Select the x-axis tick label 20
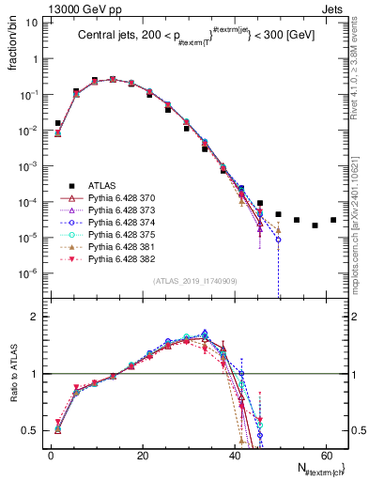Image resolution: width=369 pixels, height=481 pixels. [x=141, y=455]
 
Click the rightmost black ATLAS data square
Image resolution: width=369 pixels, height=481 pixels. [x=333, y=220]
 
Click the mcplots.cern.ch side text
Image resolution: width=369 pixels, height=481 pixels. [x=361, y=221]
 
